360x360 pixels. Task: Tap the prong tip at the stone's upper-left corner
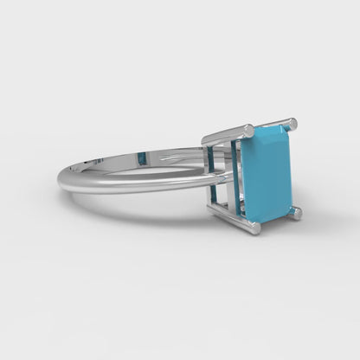click(248, 131)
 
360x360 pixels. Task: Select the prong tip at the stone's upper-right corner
click(291, 124)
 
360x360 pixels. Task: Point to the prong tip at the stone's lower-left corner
click(252, 228)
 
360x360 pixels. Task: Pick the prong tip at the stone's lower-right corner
click(295, 212)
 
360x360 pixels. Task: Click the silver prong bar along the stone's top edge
click(227, 133)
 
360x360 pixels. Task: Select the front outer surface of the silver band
click(130, 183)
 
